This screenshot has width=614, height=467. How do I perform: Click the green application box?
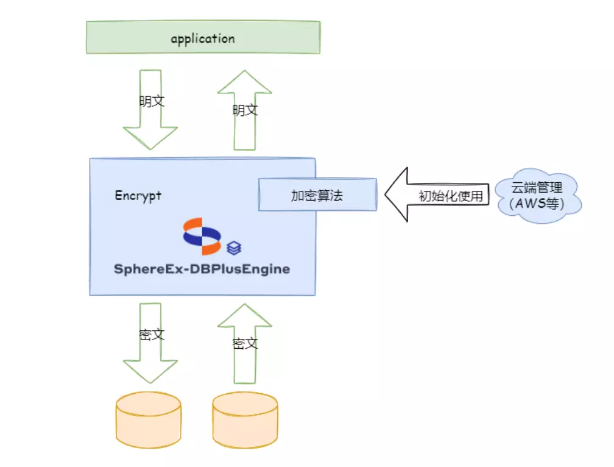click(x=203, y=37)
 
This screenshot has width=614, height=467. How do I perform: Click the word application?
click(x=203, y=39)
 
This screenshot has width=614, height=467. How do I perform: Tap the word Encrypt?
click(x=138, y=196)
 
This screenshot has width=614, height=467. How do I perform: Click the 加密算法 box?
click(x=317, y=194)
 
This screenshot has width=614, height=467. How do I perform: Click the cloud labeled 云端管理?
click(x=538, y=196)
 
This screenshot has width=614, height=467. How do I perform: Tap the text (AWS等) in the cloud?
click(x=537, y=204)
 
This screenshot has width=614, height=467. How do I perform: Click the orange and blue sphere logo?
click(x=202, y=236)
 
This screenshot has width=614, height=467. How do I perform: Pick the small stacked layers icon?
click(x=234, y=248)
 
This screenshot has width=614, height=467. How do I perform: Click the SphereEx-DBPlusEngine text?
click(x=202, y=269)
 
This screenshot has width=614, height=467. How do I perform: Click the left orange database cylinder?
click(x=149, y=420)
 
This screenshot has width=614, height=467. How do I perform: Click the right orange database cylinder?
click(x=245, y=420)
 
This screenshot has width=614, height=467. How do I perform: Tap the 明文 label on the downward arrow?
click(x=152, y=101)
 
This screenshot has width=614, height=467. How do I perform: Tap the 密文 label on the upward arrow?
click(x=245, y=344)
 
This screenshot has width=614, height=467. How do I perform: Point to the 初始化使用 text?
click(x=451, y=196)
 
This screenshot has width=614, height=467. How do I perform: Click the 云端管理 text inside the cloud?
click(x=537, y=188)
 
